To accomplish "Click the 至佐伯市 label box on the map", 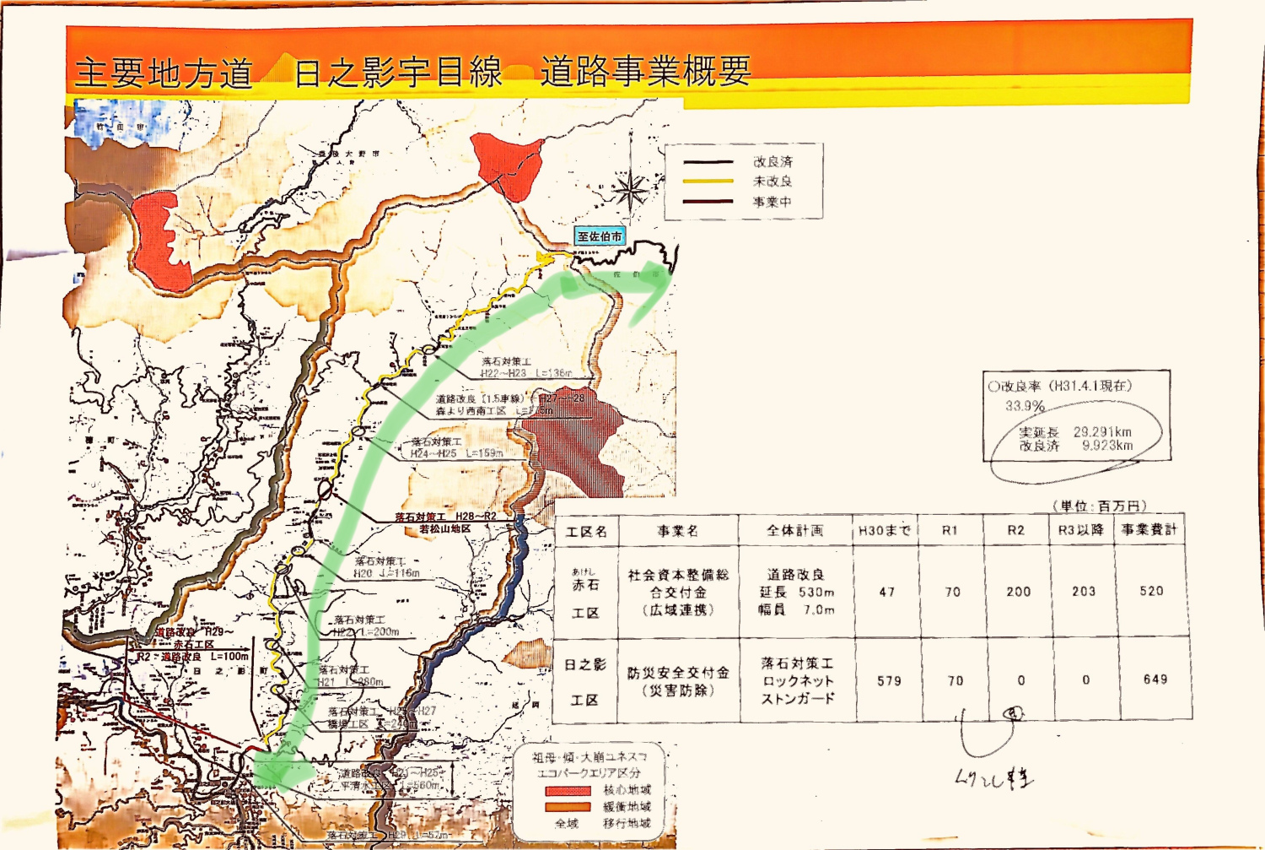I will coord(600,237).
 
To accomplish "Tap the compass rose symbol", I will coord(630,192).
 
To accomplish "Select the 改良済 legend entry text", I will coord(772,162).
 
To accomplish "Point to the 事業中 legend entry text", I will coord(772,203).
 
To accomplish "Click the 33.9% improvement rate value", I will coord(1025,406).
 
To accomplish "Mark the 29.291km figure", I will coord(1102,432).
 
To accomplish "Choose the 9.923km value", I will coord(1107,446).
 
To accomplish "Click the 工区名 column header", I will coord(586,532).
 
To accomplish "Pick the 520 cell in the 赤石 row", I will coord(1151,592).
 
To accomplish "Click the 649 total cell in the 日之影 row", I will coord(1155,679).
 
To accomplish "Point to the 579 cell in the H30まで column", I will coord(889,680).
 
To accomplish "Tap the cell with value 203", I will coord(1084,592).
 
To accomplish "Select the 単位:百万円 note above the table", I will coord(1100,506).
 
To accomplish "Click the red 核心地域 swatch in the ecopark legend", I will coord(568,791).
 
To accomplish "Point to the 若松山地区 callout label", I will coord(444,529).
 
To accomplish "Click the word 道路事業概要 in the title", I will coord(645,72).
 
